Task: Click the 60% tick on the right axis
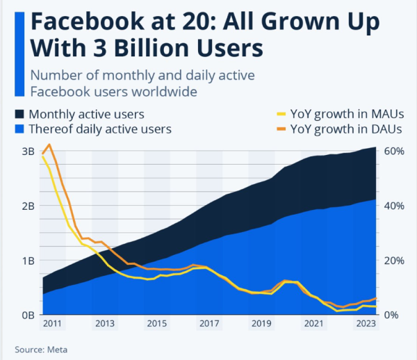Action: pyautogui.click(x=395, y=152)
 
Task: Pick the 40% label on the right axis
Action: pyautogui.click(x=395, y=206)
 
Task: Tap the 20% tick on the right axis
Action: pyautogui.click(x=395, y=261)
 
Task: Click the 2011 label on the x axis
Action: pyautogui.click(x=52, y=324)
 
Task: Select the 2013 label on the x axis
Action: pyautogui.click(x=104, y=324)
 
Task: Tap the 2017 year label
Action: pyautogui.click(x=209, y=324)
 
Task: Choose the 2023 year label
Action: pyautogui.click(x=366, y=324)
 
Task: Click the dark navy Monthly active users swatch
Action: pyautogui.click(x=19, y=114)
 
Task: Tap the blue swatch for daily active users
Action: pyautogui.click(x=19, y=129)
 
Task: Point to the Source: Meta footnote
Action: pyautogui.click(x=42, y=350)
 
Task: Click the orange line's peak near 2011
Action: pyautogui.click(x=49, y=145)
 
